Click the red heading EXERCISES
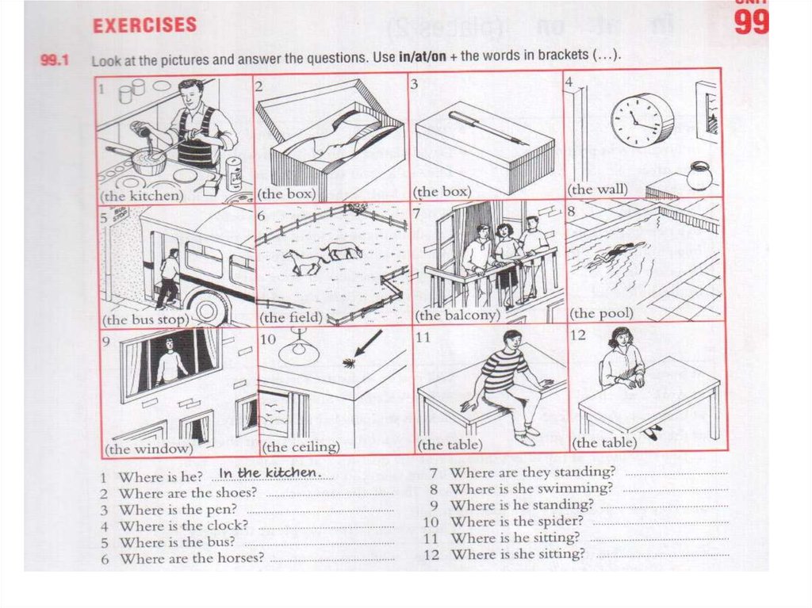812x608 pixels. pyautogui.click(x=144, y=25)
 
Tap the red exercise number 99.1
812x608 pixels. pyautogui.click(x=55, y=60)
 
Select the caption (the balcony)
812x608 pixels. pyautogui.click(x=458, y=315)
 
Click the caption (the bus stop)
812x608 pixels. pyautogui.click(x=146, y=319)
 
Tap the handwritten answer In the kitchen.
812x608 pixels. pyautogui.click(x=270, y=472)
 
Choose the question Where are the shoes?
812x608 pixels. pyautogui.click(x=188, y=492)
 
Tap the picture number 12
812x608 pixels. pyautogui.click(x=577, y=335)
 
